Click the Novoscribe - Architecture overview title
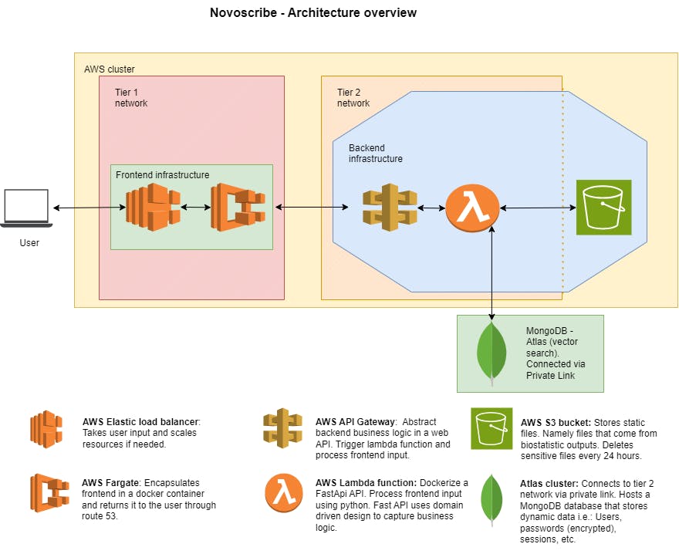313,12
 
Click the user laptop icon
25,208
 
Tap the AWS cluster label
109,69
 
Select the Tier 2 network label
353,97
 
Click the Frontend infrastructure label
162,175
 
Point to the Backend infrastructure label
375,153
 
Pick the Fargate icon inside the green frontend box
238,208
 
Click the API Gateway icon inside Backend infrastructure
390,208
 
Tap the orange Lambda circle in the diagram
471,208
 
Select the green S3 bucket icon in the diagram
603,207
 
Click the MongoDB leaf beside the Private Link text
492,351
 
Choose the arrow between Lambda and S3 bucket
537,208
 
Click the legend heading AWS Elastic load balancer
140,422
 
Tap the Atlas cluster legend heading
546,483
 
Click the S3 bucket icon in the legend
492,428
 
